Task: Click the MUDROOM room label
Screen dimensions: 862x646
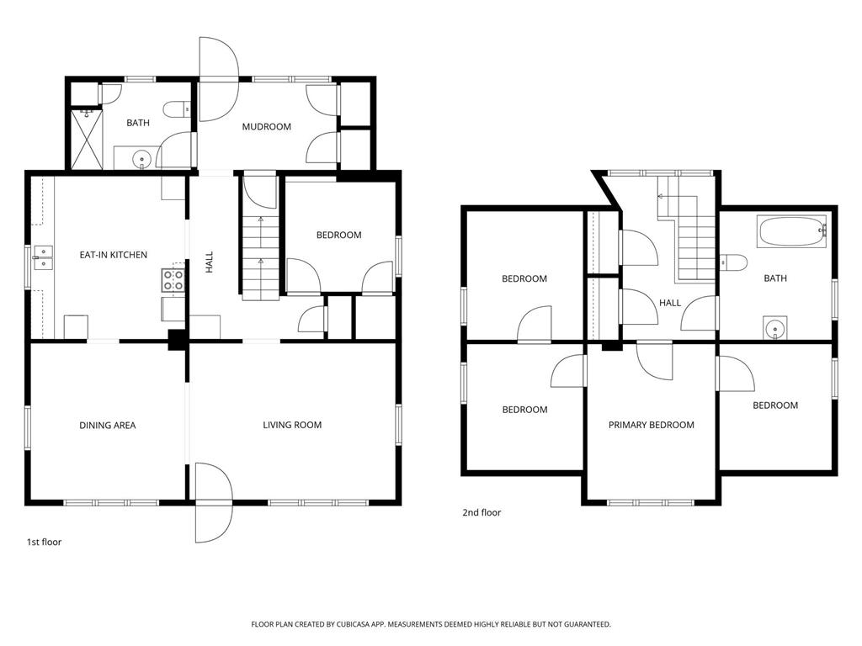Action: pos(267,127)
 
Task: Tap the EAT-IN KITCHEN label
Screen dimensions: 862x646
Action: pos(114,255)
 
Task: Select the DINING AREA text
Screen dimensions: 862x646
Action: pos(107,425)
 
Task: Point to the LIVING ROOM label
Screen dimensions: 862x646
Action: pos(292,425)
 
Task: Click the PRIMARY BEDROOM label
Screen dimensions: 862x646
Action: pos(651,425)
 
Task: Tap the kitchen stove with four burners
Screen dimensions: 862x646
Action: pos(173,280)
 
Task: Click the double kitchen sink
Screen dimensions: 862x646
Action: pos(43,257)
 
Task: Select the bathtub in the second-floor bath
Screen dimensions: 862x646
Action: pos(791,231)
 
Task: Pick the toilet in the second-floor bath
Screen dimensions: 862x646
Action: pos(733,262)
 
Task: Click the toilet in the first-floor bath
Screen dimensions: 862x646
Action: pos(177,109)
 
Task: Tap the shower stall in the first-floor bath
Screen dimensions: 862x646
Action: pos(87,139)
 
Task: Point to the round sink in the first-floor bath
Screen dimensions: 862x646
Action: pos(141,160)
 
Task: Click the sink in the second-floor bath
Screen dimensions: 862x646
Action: pos(775,329)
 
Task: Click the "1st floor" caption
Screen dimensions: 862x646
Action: pos(44,543)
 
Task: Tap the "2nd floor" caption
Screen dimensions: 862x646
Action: pos(482,512)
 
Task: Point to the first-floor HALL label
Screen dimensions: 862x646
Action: pos(210,262)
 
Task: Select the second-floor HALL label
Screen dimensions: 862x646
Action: pos(670,303)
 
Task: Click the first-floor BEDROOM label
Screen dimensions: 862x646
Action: pos(338,236)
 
